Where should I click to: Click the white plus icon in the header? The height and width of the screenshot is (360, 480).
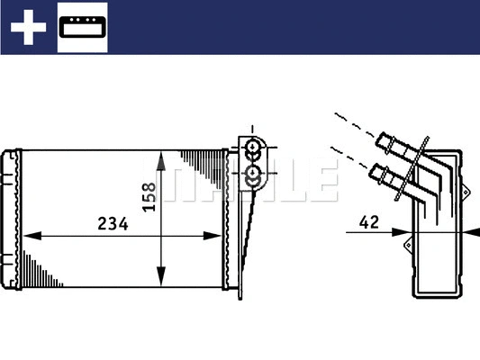click(28, 28)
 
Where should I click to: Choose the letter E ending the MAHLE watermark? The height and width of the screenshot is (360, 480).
click(325, 181)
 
